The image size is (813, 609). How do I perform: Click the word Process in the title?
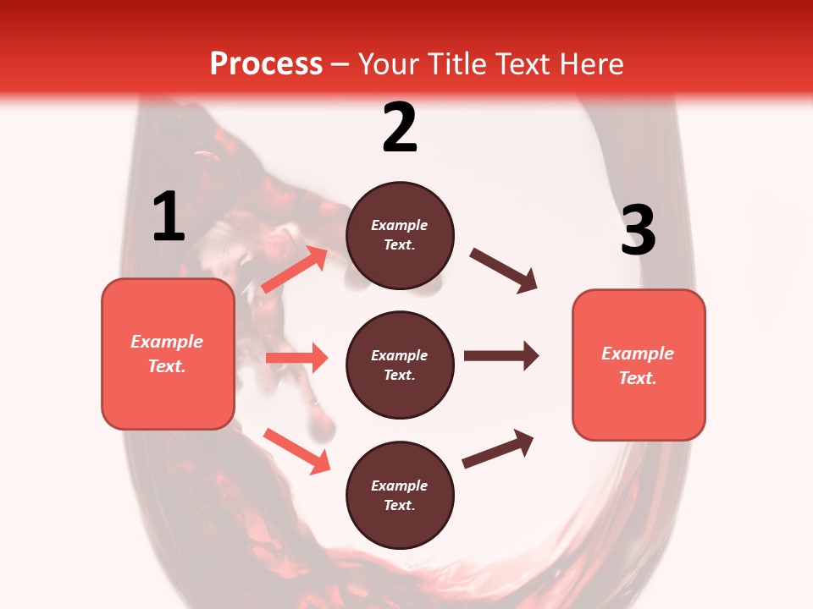click(x=266, y=63)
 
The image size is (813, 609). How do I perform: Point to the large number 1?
click(x=169, y=217)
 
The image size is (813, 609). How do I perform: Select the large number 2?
click(x=400, y=127)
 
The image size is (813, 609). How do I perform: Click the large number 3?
click(x=638, y=231)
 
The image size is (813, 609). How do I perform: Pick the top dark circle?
click(x=400, y=235)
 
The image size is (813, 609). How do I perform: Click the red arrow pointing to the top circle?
click(x=295, y=270)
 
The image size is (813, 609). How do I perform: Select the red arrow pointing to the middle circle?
click(x=296, y=358)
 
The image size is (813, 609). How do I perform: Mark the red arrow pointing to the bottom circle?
click(x=296, y=450)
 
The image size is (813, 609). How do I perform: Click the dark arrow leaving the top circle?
click(x=503, y=270)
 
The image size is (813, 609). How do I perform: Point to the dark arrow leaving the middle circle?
click(x=501, y=356)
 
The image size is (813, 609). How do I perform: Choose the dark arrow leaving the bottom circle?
click(x=498, y=449)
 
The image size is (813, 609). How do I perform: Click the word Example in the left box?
click(x=167, y=342)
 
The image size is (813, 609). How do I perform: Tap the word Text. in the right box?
click(x=638, y=378)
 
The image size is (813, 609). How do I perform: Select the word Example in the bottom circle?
click(x=400, y=486)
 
